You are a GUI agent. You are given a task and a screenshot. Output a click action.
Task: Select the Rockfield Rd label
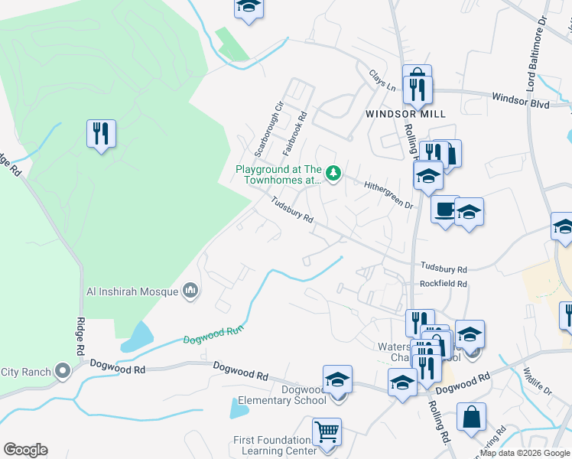tap(443, 283)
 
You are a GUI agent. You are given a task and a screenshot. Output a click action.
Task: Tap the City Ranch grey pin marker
tap(63, 373)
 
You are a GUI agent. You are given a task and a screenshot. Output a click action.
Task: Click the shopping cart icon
tap(327, 432)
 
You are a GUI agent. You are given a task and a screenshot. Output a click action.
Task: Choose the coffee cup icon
tap(444, 209)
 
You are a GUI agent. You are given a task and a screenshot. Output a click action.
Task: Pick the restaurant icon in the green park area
tap(101, 133)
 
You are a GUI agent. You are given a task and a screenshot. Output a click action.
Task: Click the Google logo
tap(25, 450)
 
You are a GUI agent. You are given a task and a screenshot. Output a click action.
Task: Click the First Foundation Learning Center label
tap(275, 445)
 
